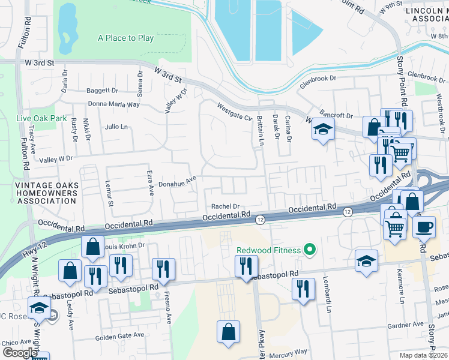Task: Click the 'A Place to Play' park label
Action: (x=125, y=38)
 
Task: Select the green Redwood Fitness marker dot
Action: (x=310, y=248)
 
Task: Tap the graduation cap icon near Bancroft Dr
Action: (x=323, y=130)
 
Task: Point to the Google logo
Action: (x=20, y=353)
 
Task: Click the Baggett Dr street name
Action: (x=103, y=91)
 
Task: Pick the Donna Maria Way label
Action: (x=113, y=104)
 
